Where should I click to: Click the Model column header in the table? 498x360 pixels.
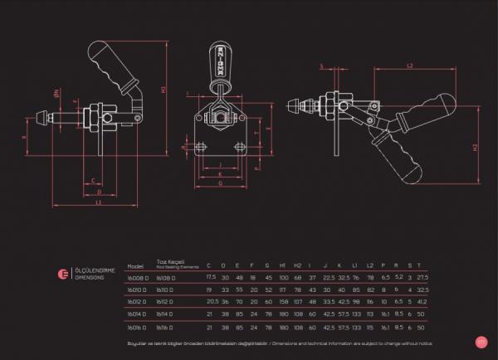(135, 267)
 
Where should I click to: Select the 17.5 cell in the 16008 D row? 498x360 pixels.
(211, 277)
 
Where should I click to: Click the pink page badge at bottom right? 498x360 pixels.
(481, 340)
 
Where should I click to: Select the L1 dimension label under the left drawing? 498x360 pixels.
(99, 202)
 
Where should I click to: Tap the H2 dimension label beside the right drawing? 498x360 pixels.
(474, 147)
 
